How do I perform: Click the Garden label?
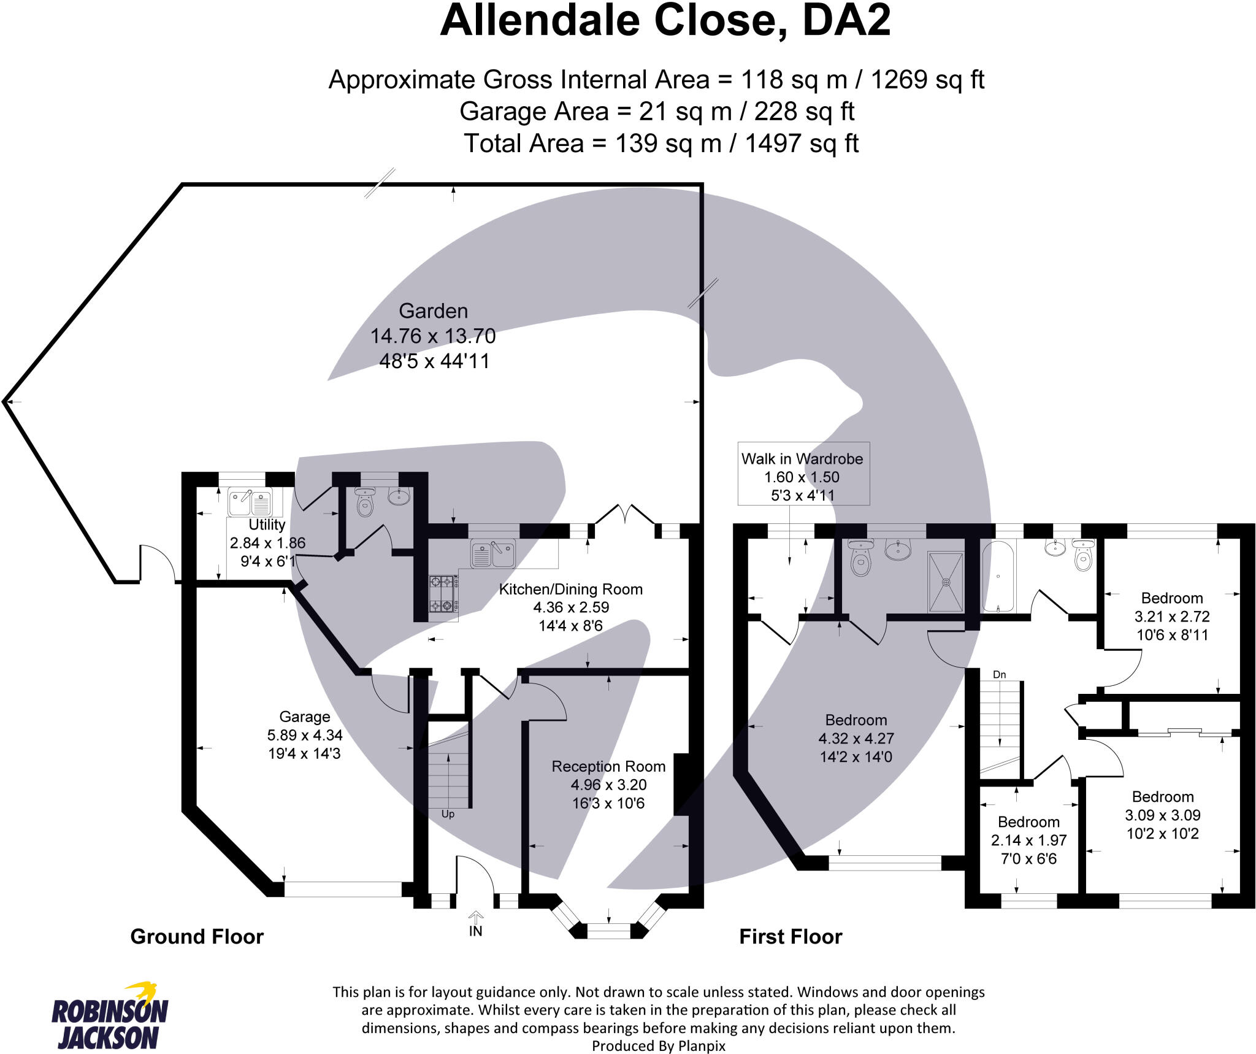pyautogui.click(x=433, y=311)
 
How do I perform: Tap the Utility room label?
pyautogui.click(x=267, y=525)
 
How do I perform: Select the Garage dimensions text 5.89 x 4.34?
pyautogui.click(x=305, y=735)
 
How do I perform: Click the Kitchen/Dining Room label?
pyautogui.click(x=570, y=589)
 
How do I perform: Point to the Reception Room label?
pyautogui.click(x=608, y=766)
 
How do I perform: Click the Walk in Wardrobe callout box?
pyautogui.click(x=803, y=474)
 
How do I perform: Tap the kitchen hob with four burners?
pyautogui.click(x=443, y=593)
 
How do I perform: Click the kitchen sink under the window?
pyautogui.click(x=493, y=553)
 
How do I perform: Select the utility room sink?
pyautogui.click(x=250, y=503)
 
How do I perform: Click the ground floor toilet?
pyautogui.click(x=366, y=501)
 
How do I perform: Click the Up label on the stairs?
pyautogui.click(x=448, y=814)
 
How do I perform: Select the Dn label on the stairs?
pyautogui.click(x=1000, y=675)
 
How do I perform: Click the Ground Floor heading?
pyautogui.click(x=197, y=937)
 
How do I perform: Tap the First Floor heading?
pyautogui.click(x=791, y=937)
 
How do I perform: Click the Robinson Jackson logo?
pyautogui.click(x=110, y=1017)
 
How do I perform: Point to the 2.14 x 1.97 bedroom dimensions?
pyautogui.click(x=1029, y=841)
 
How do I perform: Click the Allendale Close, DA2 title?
pyautogui.click(x=665, y=21)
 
